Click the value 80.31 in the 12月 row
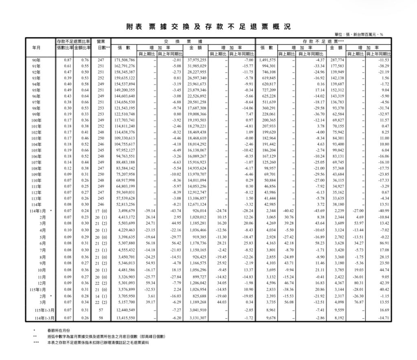[x=358, y=282]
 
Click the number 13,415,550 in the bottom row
[x=124, y=317]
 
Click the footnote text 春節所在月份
[x=57, y=331]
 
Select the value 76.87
[x=358, y=302]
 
